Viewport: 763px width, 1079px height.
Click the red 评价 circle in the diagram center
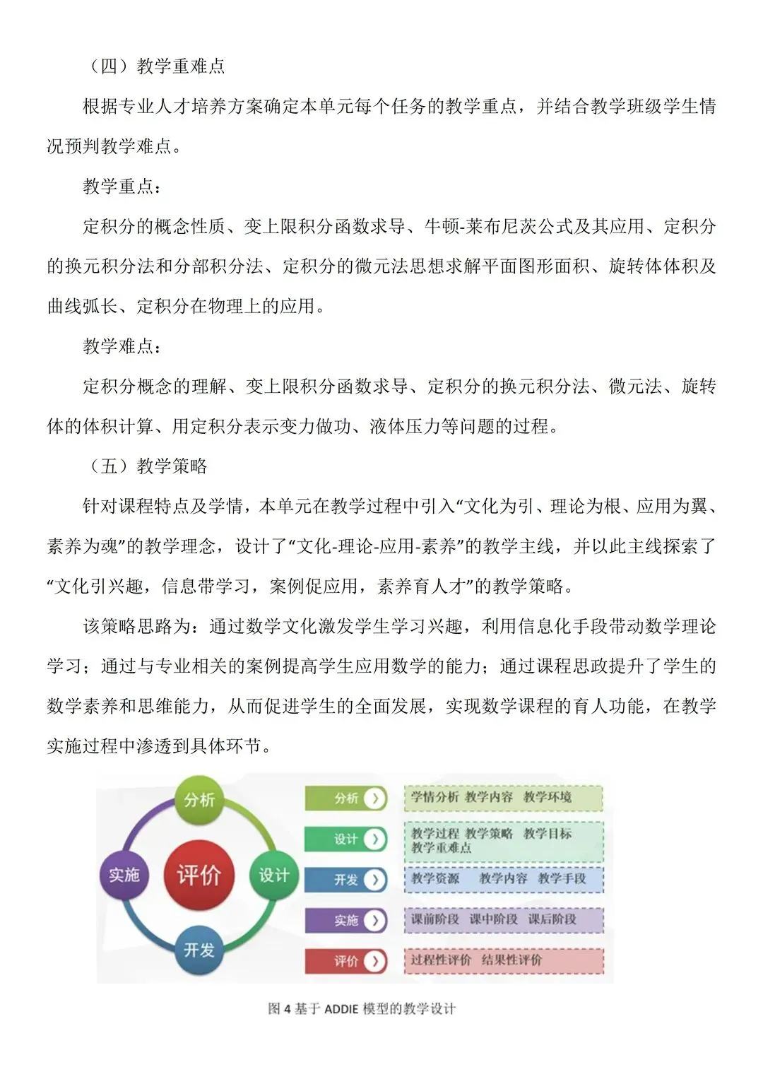[199, 875]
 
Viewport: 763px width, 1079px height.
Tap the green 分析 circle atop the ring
[199, 799]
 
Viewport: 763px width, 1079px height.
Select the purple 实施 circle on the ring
[124, 875]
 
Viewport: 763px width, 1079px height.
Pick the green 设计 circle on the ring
[273, 875]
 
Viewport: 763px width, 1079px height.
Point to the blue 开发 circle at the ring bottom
[199, 950]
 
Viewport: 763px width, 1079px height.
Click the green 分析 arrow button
[346, 798]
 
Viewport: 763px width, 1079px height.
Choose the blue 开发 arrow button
[346, 880]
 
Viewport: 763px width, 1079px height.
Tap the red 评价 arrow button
[346, 961]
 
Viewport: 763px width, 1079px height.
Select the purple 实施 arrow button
[346, 920]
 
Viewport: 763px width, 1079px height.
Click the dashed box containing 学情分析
[503, 798]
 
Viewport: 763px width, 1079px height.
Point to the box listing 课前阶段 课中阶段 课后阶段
[503, 919]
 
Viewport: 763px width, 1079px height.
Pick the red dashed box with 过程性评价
[503, 960]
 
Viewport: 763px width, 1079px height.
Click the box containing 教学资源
[503, 879]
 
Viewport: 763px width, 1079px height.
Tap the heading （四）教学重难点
[155, 66]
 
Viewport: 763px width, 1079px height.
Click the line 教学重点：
[122, 187]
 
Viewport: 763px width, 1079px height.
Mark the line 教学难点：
[122, 346]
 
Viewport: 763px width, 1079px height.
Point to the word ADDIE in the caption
[341, 1008]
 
